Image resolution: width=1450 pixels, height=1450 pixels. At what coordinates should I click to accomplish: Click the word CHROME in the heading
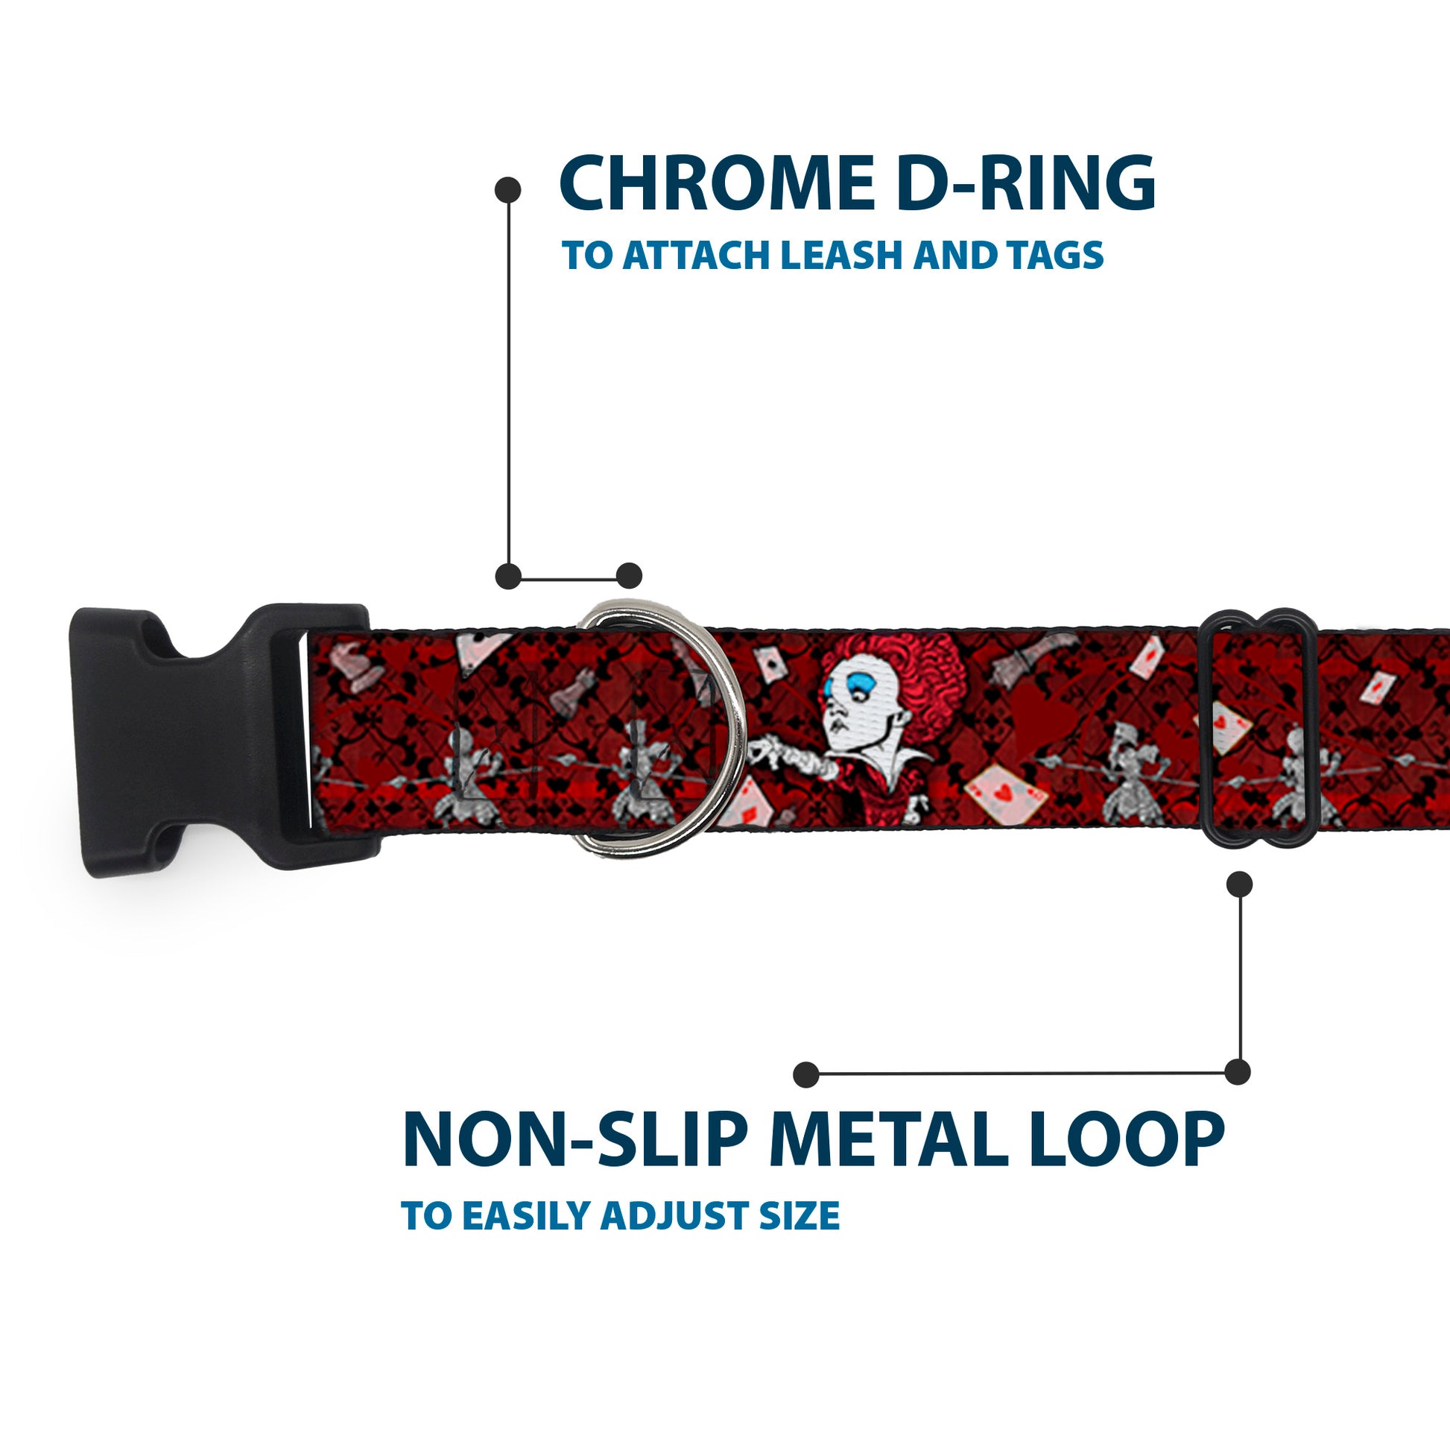717,183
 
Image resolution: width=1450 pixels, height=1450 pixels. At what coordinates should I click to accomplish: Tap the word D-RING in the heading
1026,183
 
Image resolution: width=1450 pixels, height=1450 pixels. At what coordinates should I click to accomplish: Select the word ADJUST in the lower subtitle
675,1216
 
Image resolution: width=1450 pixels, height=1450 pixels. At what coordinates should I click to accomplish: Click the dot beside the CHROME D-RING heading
508,189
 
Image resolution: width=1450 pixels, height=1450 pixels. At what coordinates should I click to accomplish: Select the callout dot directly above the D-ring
629,576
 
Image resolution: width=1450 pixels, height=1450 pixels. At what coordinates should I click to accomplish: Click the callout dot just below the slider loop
1239,884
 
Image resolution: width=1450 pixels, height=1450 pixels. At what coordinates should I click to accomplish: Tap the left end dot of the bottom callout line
805,1074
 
